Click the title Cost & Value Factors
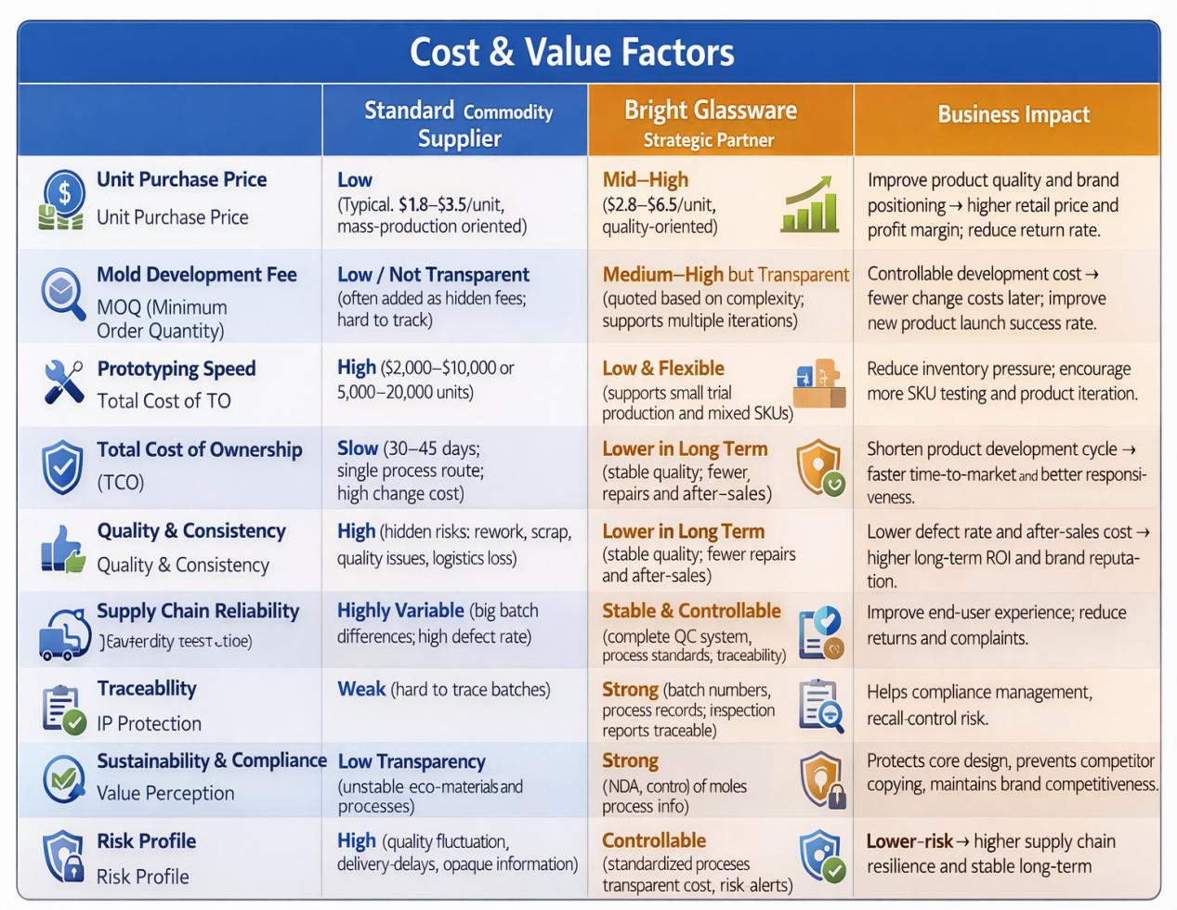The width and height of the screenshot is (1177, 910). tap(571, 52)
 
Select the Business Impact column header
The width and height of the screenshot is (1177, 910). tap(1013, 115)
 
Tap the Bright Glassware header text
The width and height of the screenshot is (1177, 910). tap(710, 110)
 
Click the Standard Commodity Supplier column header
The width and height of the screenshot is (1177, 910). tap(458, 123)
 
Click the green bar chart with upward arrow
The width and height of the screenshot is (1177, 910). tap(811, 205)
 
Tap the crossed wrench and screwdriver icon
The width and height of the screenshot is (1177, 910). tap(63, 381)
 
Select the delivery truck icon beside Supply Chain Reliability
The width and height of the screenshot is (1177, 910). tap(63, 633)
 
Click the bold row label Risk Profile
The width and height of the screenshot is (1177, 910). tap(146, 841)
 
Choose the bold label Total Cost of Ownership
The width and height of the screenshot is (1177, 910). tap(200, 449)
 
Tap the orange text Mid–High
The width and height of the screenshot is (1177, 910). tap(645, 180)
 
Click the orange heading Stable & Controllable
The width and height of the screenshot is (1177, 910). tap(691, 611)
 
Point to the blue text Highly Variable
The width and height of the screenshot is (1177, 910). tap(400, 611)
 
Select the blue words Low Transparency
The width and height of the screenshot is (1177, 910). tap(411, 761)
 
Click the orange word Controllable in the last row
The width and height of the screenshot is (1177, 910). tap(653, 840)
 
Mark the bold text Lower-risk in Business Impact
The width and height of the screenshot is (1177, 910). tap(909, 841)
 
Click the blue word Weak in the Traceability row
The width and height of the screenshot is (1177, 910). tap(360, 689)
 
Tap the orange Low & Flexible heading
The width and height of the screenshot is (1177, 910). tap(662, 369)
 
